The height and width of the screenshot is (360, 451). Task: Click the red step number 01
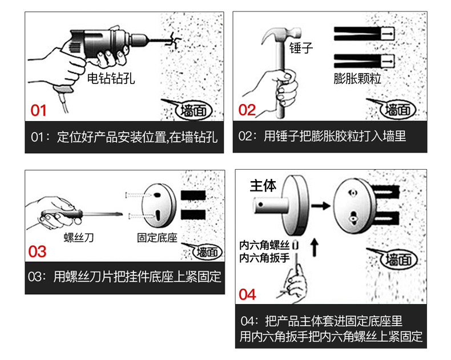pyautogui.click(x=38, y=110)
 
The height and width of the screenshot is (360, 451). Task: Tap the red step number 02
pyautogui.click(x=247, y=110)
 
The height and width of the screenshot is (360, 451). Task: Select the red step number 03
pyautogui.click(x=37, y=251)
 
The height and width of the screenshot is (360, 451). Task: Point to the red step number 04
pyautogui.click(x=247, y=294)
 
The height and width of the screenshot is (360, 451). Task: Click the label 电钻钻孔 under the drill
pyautogui.click(x=111, y=78)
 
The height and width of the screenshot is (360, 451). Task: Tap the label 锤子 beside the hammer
pyautogui.click(x=301, y=48)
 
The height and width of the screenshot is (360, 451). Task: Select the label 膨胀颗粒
pyautogui.click(x=357, y=78)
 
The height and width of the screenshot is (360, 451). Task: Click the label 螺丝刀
pyautogui.click(x=79, y=238)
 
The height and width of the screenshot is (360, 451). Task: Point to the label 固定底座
pyautogui.click(x=157, y=238)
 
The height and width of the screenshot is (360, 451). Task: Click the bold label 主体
pyautogui.click(x=263, y=186)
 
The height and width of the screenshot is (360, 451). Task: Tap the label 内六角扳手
pyautogui.click(x=264, y=258)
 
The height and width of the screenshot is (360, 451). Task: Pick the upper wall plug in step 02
pyautogui.click(x=364, y=34)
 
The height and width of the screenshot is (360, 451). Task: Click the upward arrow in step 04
pyautogui.click(x=315, y=247)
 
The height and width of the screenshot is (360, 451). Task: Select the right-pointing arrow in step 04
pyautogui.click(x=321, y=206)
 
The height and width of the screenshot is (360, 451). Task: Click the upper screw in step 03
pyautogui.click(x=138, y=195)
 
